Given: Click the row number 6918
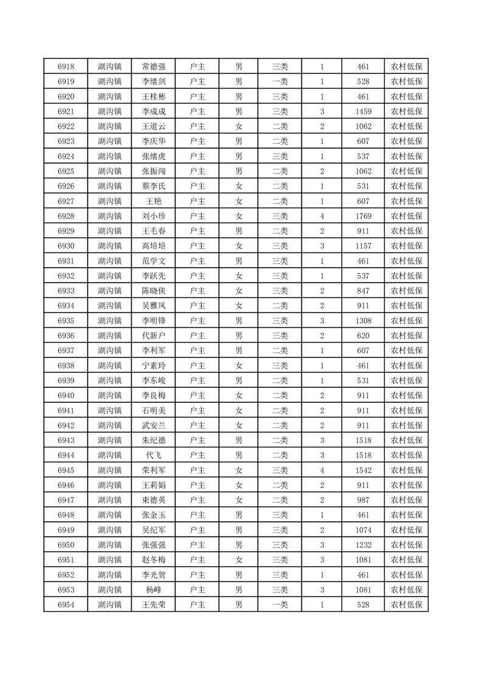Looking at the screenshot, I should (66, 67).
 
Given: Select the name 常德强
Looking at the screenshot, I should (153, 67).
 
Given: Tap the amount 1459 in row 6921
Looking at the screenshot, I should (363, 112).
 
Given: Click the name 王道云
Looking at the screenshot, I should (153, 127).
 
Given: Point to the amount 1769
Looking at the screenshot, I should (363, 216).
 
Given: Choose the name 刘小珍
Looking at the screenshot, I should (153, 216).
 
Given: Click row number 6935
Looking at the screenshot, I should (66, 320).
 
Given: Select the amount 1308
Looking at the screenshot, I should (363, 320).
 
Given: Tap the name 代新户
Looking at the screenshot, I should (153, 336).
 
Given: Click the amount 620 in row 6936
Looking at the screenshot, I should (363, 336).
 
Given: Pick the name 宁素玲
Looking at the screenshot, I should (153, 365).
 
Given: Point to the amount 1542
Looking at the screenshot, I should (363, 470).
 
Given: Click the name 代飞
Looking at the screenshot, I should (153, 455).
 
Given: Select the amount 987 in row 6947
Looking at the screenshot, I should (363, 500).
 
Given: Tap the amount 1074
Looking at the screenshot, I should (363, 530).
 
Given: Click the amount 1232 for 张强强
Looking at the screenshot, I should (363, 544).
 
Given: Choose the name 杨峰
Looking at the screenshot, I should (153, 589).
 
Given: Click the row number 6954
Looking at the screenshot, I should (66, 605).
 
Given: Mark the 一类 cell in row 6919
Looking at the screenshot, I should (280, 82).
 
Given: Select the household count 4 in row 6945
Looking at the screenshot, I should (322, 470).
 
